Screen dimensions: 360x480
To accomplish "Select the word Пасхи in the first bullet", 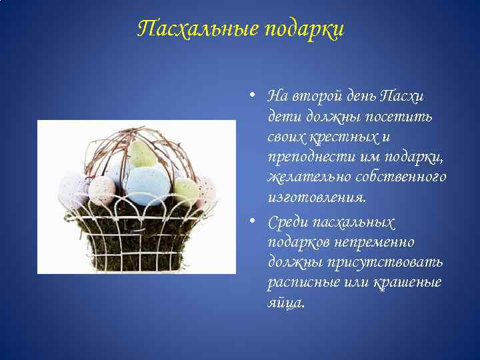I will coord(401,96).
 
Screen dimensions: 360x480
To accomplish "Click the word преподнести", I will coord(303,157).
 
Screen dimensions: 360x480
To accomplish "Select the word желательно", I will coord(301,177).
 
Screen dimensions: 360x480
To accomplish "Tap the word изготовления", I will coord(316,198).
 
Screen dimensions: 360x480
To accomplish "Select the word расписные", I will coord(297,282).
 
